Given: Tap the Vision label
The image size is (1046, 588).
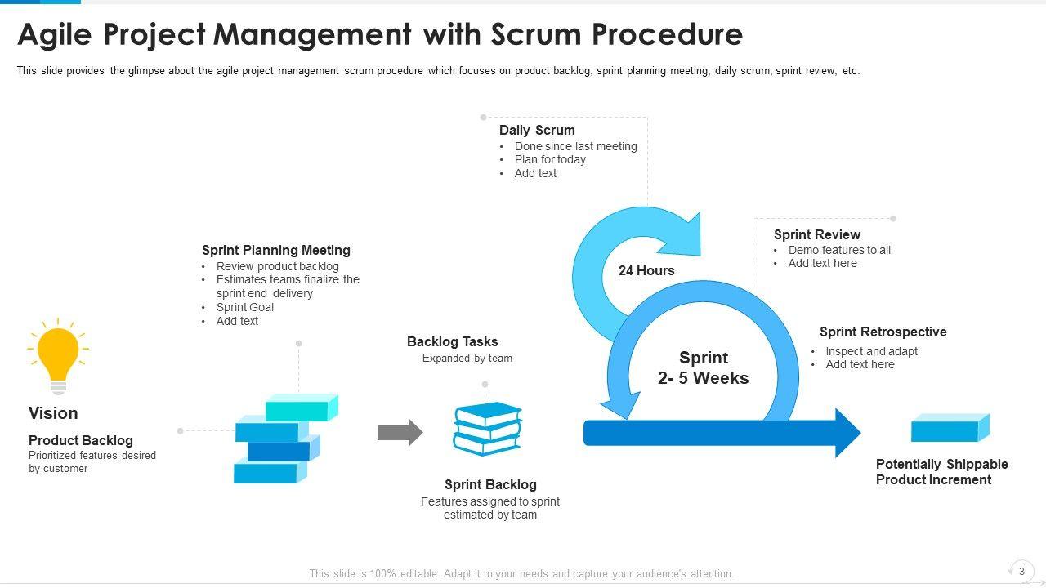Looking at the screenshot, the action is point(53,413).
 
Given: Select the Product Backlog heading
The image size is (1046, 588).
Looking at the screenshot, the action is point(81,440).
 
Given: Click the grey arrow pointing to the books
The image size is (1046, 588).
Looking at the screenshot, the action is point(400,432).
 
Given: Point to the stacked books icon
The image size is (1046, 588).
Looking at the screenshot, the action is point(488,429).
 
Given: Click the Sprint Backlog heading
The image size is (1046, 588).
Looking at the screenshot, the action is point(490,484).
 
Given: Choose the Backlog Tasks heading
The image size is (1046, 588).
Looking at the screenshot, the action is point(453,341).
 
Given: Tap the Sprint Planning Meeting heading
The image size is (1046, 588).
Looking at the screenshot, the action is point(276,250).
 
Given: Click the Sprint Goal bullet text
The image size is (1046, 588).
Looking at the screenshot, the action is point(245,307).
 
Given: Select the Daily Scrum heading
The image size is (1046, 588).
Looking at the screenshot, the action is point(537,130).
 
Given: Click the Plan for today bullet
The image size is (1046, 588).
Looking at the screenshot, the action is point(550,159).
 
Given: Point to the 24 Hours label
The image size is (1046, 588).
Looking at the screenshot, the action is point(646,270).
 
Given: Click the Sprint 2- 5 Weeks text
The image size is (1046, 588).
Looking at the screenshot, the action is point(704,367).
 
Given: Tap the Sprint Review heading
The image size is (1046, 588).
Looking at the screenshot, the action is point(817,234).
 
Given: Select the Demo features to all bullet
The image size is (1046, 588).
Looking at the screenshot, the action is point(839,250).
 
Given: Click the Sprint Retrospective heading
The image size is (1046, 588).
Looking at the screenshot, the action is point(883,332).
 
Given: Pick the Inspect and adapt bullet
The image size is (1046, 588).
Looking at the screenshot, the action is point(871,351).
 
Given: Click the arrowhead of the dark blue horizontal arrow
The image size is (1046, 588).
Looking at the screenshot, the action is point(846,433).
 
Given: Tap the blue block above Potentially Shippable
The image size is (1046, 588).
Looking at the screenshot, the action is point(950,427).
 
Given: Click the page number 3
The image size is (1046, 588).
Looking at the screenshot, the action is point(1021,571).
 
